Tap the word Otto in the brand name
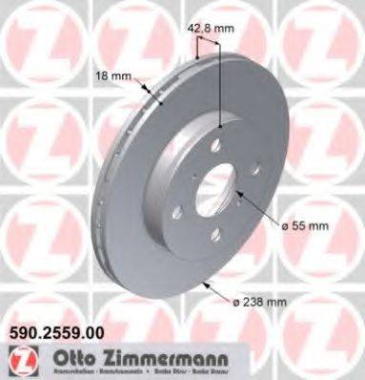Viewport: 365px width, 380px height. point(62,357)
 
